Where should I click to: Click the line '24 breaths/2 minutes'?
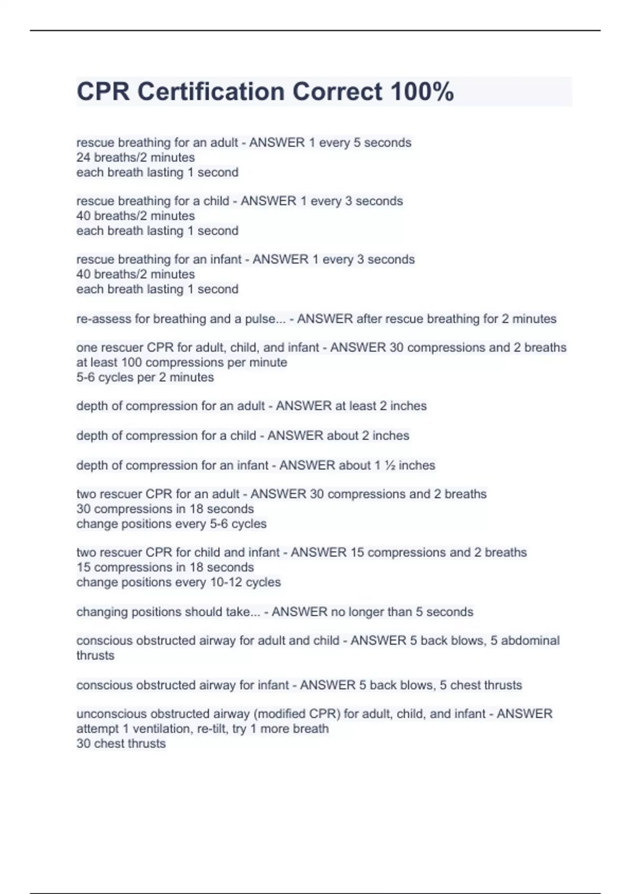point(136,157)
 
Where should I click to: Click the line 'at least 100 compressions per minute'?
point(182,362)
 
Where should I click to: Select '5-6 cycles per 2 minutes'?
point(145,377)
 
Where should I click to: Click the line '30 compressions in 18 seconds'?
point(165,509)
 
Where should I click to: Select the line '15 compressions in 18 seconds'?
point(165,567)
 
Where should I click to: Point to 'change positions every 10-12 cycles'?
point(179,582)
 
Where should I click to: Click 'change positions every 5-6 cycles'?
point(171,524)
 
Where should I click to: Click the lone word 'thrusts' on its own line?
point(95,655)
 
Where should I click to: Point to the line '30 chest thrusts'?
point(121,744)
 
